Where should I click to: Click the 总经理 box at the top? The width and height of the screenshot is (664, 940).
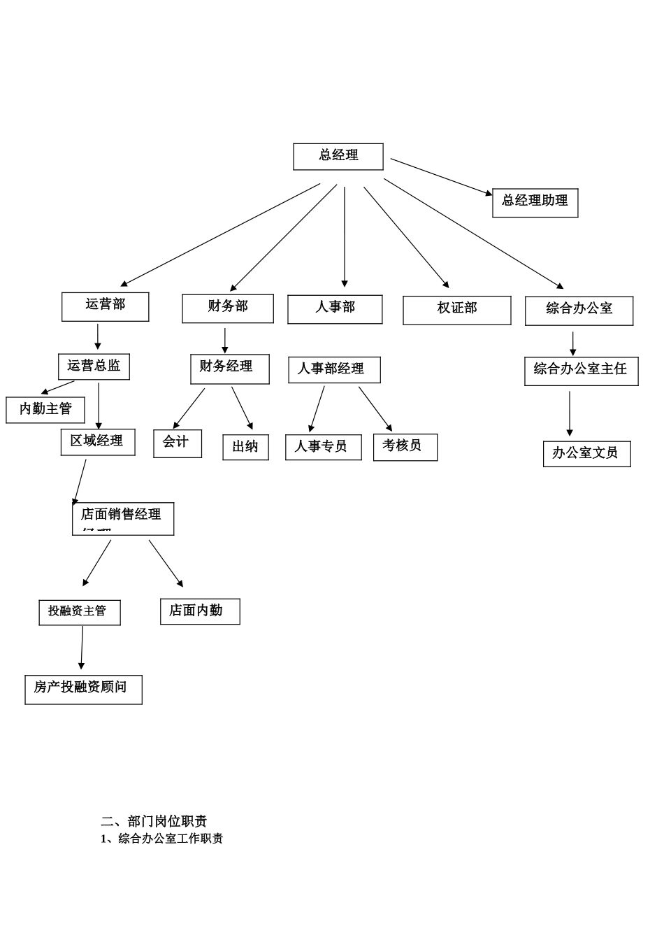click(x=338, y=157)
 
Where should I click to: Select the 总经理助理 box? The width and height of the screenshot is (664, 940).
click(x=535, y=202)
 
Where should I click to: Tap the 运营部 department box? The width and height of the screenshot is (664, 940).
click(x=106, y=306)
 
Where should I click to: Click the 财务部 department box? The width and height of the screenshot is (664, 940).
click(x=228, y=308)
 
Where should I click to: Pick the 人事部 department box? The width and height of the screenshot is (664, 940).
click(x=335, y=309)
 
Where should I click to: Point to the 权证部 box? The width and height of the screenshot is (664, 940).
click(x=457, y=310)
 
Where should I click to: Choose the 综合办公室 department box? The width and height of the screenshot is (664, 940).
click(x=579, y=311)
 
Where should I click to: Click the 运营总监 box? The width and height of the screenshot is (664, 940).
click(x=94, y=366)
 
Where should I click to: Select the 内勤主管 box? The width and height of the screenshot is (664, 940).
click(x=45, y=410)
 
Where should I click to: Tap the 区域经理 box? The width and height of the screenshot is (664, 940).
click(x=97, y=442)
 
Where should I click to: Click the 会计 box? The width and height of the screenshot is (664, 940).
click(x=178, y=443)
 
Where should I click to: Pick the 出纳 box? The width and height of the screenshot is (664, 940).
click(x=245, y=448)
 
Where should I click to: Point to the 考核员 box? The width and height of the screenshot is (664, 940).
click(x=405, y=447)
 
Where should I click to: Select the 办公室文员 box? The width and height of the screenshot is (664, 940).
click(x=586, y=454)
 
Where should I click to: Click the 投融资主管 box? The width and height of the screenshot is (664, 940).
click(x=79, y=612)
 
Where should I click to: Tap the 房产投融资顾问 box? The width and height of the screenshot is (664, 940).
click(x=83, y=689)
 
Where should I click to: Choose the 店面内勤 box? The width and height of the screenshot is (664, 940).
click(x=199, y=611)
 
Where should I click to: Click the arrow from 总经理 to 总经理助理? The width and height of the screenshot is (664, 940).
click(x=440, y=176)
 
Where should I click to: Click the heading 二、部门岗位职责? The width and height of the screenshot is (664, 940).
click(x=154, y=821)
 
